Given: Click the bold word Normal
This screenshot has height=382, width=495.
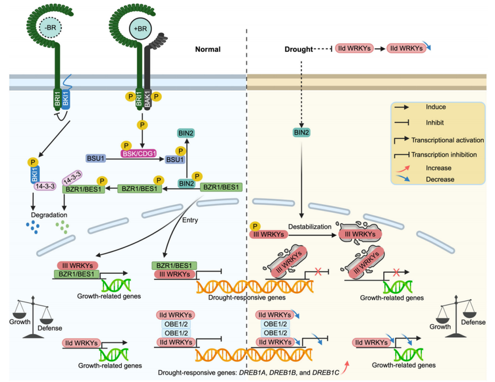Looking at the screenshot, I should pyautogui.click(x=208, y=49).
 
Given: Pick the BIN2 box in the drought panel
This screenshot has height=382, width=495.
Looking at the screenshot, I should pyautogui.click(x=302, y=133).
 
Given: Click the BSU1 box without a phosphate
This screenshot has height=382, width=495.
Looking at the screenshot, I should pyautogui.click(x=96, y=157).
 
